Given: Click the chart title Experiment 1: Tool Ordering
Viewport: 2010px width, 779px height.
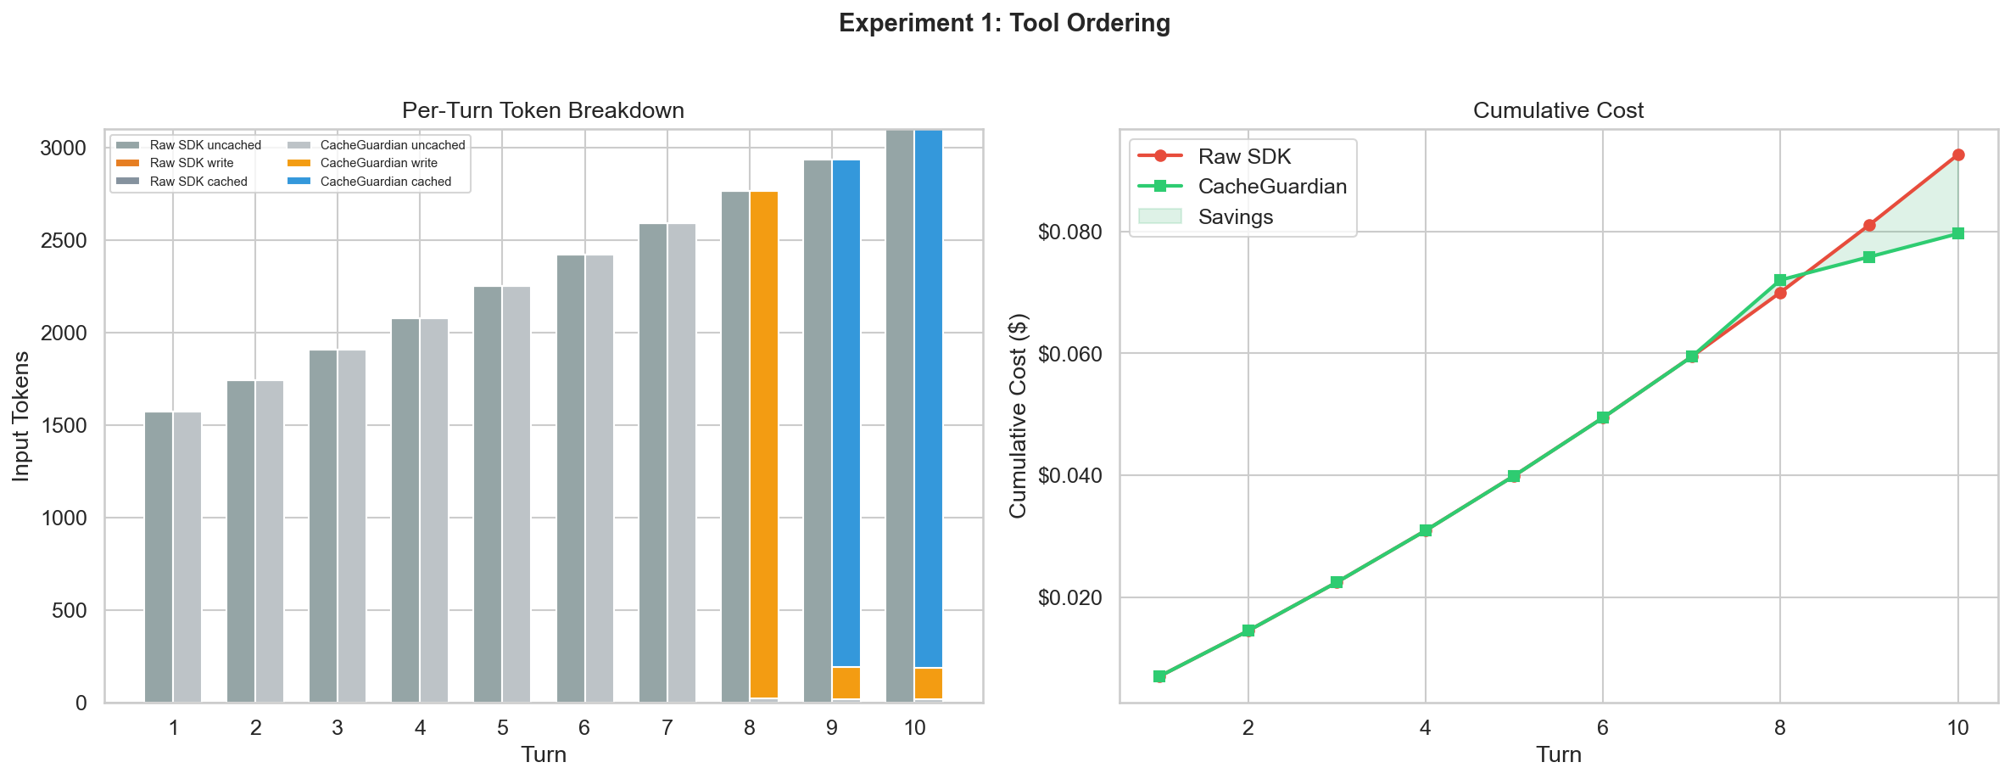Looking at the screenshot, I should tap(1004, 24).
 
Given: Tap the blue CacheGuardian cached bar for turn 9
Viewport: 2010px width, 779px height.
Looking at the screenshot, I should tap(846, 407).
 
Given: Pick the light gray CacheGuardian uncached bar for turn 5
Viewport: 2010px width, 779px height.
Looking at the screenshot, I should tap(516, 492).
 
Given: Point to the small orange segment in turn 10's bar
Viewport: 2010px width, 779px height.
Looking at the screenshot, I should tap(929, 683).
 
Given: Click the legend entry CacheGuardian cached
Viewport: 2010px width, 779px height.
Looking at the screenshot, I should tap(385, 182).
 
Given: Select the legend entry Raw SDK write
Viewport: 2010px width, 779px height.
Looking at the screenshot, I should tap(191, 163).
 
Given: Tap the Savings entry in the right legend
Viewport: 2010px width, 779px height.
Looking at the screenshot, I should tap(1235, 217).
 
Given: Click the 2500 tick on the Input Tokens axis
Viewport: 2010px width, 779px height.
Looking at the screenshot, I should tap(63, 241).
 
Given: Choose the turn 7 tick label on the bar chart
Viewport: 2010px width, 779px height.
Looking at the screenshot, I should tap(667, 728).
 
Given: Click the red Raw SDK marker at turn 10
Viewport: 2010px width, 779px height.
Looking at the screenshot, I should tap(1958, 155).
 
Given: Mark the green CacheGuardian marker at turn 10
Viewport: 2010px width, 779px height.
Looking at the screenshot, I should tap(1958, 233).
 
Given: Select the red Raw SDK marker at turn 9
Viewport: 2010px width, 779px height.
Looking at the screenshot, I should tap(1869, 225).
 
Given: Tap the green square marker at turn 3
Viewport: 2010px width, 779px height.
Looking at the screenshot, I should tap(1337, 582).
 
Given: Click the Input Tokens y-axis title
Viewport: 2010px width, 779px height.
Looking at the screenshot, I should tap(21, 416).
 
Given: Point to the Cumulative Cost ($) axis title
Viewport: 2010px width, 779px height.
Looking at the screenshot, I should tap(1018, 416).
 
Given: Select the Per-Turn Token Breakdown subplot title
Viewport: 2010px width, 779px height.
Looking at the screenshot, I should tap(543, 111).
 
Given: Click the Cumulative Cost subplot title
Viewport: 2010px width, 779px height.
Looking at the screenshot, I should tap(1558, 111).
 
